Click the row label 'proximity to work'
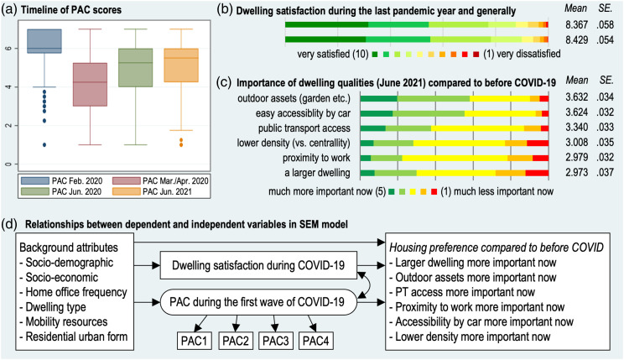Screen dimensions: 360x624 tap(309, 158)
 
